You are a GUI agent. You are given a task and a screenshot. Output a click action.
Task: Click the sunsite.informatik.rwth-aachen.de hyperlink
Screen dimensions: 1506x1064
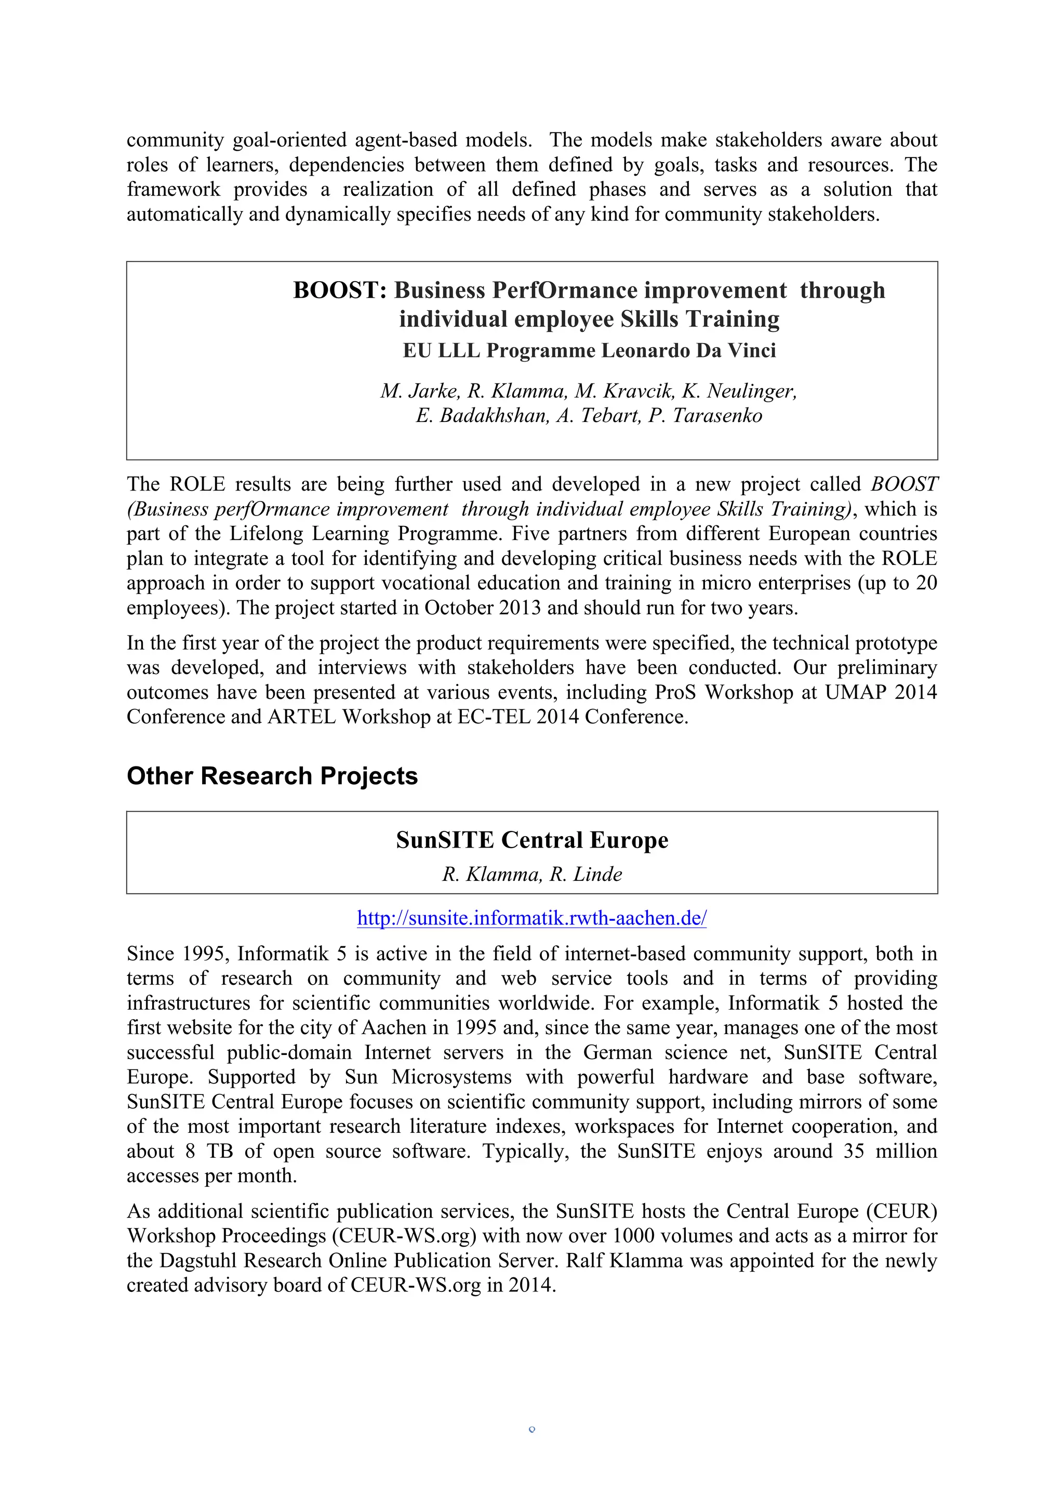[531, 918]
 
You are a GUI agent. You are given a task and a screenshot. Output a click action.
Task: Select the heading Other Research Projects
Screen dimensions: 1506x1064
[272, 776]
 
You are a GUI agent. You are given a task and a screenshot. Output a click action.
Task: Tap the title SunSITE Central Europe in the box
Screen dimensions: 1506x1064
[531, 840]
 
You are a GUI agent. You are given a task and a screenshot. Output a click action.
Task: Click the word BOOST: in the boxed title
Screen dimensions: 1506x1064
[340, 290]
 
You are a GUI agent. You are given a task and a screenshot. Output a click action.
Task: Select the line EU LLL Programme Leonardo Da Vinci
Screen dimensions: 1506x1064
[589, 350]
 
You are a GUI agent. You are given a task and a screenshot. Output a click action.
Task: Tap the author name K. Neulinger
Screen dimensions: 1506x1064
[739, 391]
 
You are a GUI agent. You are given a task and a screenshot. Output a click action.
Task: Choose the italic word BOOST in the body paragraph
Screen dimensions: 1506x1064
[904, 484]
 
